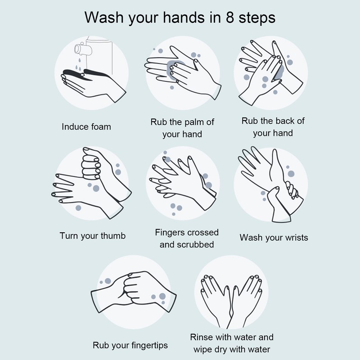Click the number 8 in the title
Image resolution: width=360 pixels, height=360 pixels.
tap(229, 18)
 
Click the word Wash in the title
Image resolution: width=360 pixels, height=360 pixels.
tap(104, 18)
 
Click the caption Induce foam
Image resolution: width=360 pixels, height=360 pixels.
tap(86, 126)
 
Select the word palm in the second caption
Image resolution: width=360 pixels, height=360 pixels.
tap(194, 122)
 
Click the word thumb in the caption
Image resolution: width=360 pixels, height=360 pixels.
tap(113, 236)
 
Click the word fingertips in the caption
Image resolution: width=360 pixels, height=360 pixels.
tap(146, 345)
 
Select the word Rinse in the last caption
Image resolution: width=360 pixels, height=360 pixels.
tap(200, 337)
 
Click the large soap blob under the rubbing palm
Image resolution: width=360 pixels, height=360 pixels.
tap(174, 70)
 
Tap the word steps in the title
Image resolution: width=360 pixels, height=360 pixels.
tap(257, 18)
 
